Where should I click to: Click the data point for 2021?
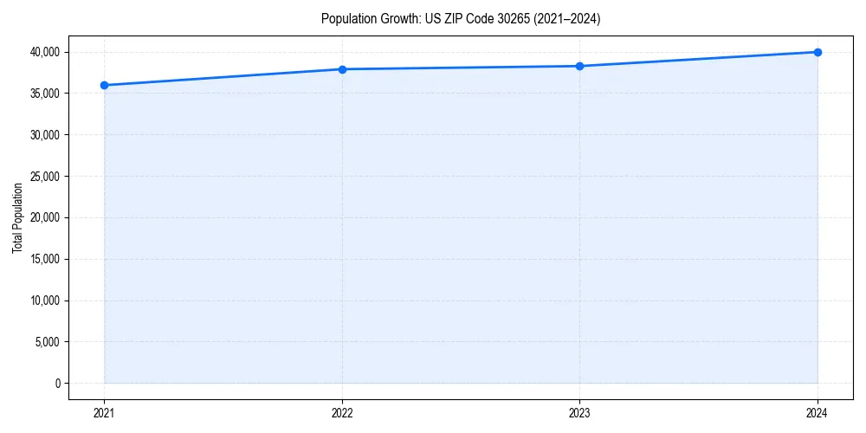[104, 85]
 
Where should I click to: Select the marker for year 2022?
[342, 69]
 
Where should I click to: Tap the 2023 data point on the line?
[580, 66]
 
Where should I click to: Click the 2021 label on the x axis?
[104, 413]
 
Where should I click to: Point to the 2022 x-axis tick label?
[342, 413]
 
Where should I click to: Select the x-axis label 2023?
[580, 413]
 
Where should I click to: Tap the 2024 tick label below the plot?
[818, 413]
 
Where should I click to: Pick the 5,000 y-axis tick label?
[48, 342]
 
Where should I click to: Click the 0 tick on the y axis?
[58, 384]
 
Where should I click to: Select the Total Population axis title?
[17, 217]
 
